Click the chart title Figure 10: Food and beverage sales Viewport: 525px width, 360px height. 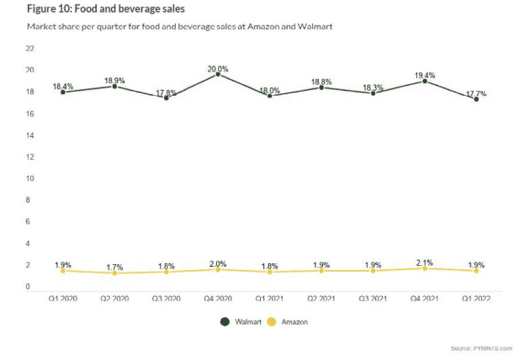[x=106, y=10]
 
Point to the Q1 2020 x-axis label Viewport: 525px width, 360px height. [x=63, y=298]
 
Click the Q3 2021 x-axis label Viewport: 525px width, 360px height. [x=373, y=298]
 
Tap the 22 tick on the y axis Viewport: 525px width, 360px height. [x=29, y=49]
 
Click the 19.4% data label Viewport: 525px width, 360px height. [x=425, y=75]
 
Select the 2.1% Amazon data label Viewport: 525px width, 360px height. [x=425, y=262]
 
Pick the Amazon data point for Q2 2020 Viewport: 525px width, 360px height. [x=115, y=273]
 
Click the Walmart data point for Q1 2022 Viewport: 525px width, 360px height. [x=477, y=99]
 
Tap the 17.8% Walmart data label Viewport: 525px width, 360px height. [x=167, y=93]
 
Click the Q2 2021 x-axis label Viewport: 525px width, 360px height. [x=321, y=298]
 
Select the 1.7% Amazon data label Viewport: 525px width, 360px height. [x=115, y=267]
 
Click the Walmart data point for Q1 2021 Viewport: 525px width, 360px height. [x=270, y=96]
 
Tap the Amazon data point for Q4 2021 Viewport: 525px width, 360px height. [x=425, y=268]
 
